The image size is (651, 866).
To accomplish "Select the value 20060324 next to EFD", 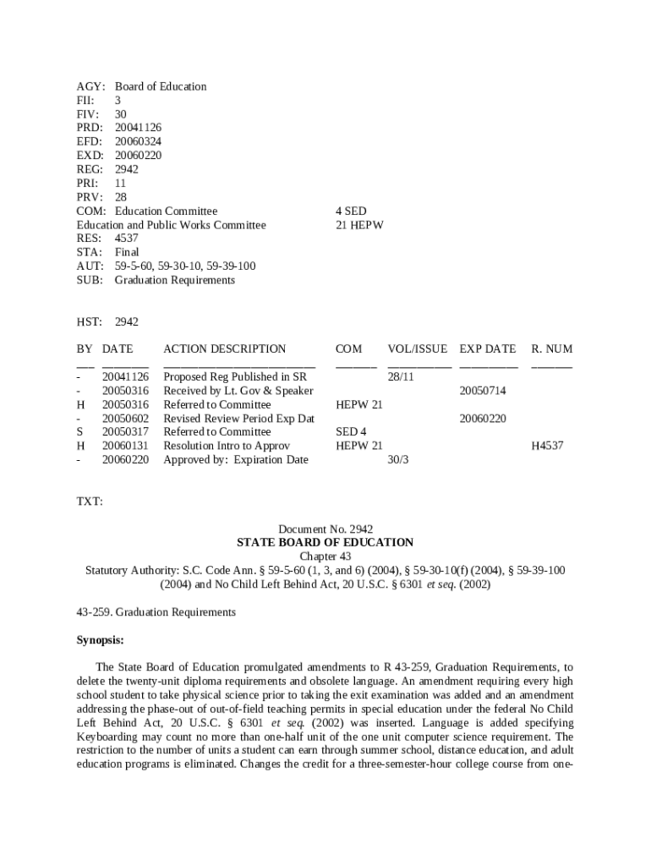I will pos(138,141).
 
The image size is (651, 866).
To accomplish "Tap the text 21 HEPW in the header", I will pos(359,224).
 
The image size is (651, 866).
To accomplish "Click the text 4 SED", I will pos(351,211).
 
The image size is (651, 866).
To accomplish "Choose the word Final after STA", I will pos(127,252).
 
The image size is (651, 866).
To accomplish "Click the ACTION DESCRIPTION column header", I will pos(224,348).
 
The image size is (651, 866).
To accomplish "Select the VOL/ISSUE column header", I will pos(418,348).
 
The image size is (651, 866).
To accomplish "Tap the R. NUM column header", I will pos(551,348).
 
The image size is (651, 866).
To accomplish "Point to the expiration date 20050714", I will pos(483,391).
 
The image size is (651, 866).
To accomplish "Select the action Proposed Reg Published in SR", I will pos(234,376).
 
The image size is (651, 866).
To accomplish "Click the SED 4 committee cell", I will pos(351,432).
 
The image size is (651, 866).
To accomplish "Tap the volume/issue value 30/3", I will pos(397,460).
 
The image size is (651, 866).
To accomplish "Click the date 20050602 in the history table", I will pos(125,419).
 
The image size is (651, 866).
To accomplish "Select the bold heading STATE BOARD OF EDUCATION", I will pos(325,542).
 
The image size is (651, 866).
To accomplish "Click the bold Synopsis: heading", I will pos(101,639).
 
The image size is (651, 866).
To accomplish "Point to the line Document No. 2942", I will pos(325,529).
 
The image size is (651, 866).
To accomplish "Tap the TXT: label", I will pos(90,502).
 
